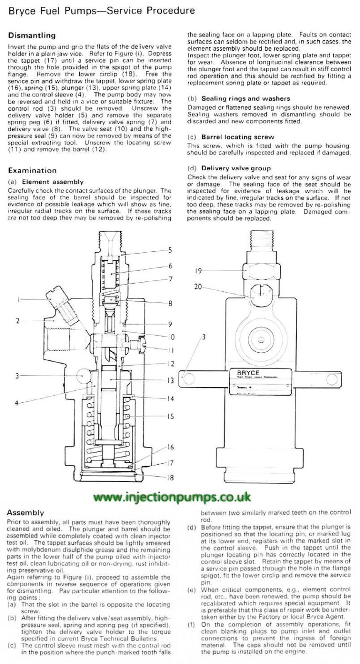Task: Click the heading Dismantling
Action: click(32, 35)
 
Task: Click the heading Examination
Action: click(32, 170)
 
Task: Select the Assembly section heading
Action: click(25, 513)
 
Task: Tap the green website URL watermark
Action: click(172, 497)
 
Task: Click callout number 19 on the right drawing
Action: click(199, 271)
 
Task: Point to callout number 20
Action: click(199, 287)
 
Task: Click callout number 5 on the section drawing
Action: click(170, 250)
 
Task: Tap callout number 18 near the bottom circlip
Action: click(170, 478)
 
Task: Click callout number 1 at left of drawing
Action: click(19, 299)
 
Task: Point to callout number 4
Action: click(16, 402)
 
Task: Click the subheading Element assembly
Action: click(52, 182)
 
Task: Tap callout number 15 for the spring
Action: click(170, 416)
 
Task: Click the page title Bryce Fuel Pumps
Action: click(101, 10)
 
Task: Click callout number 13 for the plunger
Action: click(170, 381)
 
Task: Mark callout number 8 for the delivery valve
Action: click(170, 304)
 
